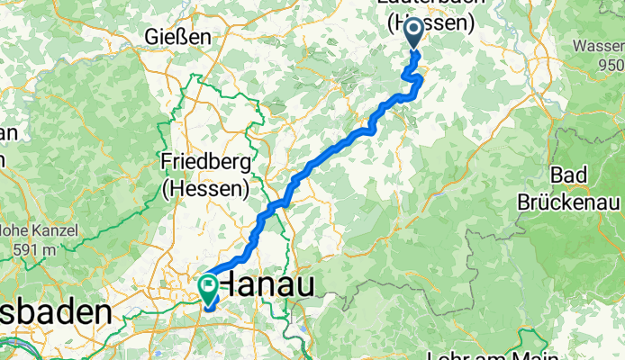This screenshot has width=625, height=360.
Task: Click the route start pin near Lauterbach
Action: [415, 34]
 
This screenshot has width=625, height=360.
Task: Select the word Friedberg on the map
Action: [204, 162]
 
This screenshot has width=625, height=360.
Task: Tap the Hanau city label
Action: [268, 286]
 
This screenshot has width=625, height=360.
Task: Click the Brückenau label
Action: [571, 201]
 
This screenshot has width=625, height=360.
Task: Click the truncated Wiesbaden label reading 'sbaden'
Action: [56, 314]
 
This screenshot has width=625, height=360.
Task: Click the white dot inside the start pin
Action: [415, 30]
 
